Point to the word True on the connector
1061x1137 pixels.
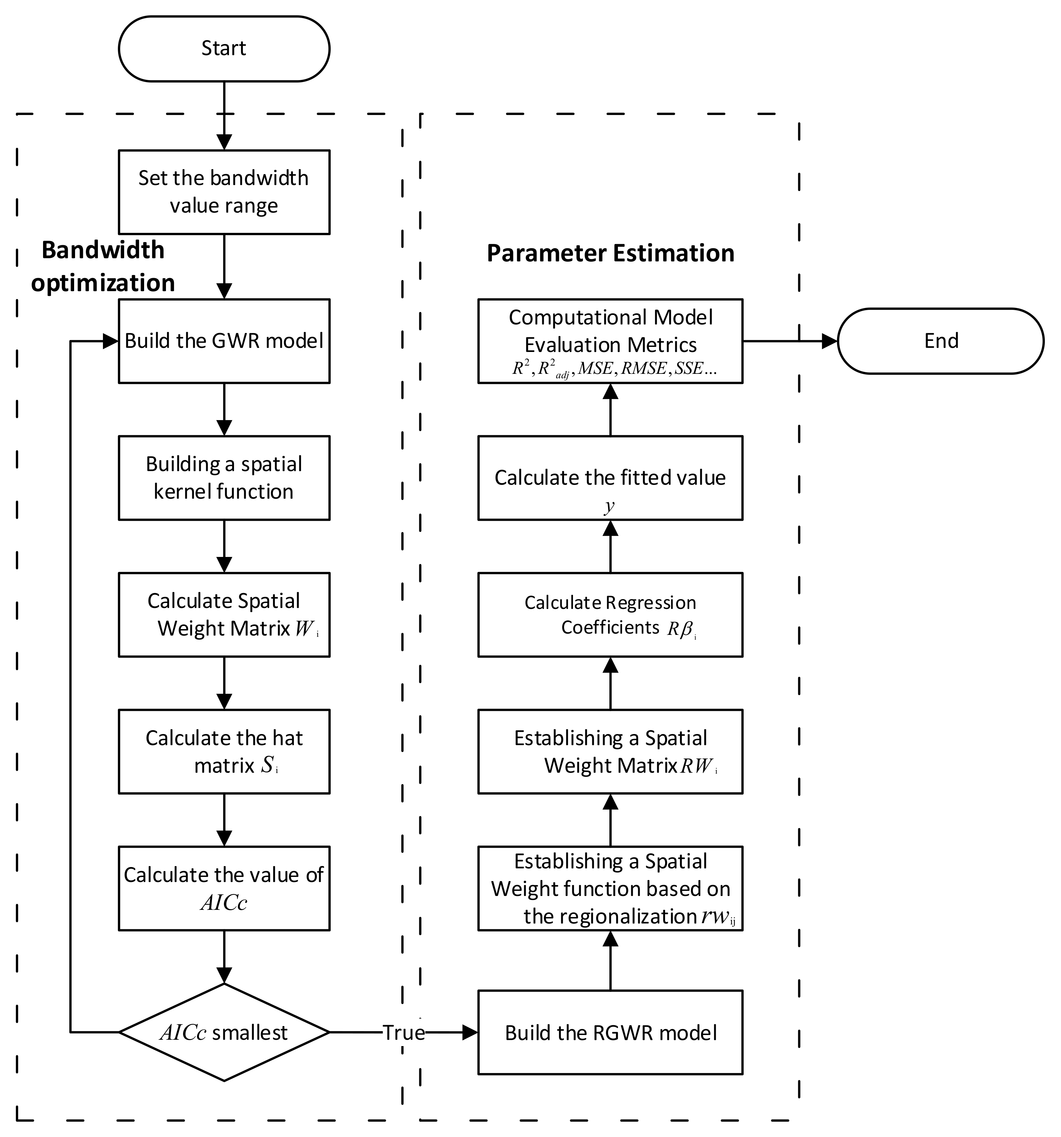click(403, 1032)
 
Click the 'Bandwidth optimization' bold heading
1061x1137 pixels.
click(103, 266)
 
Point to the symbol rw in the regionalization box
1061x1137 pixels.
click(715, 917)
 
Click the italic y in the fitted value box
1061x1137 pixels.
click(609, 506)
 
